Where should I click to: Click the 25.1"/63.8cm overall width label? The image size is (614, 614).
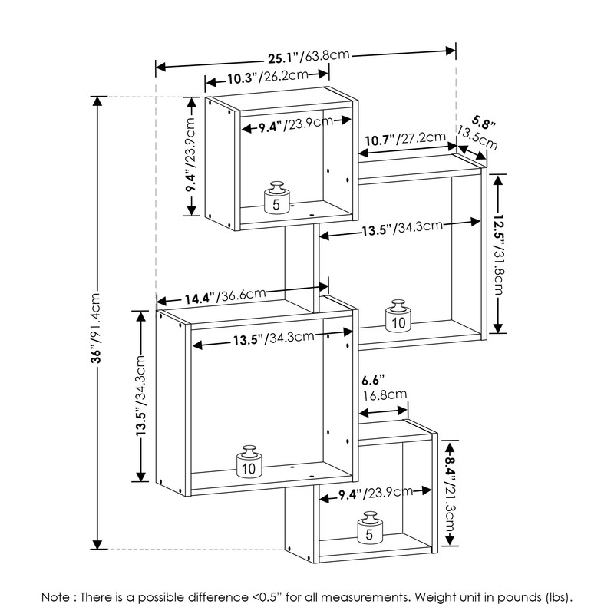(309, 57)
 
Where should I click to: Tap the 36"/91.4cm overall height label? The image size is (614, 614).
(97, 328)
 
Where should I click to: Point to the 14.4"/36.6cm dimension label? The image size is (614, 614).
(225, 296)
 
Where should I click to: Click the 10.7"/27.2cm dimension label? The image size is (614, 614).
(405, 139)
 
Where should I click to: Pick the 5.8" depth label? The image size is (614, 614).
(484, 123)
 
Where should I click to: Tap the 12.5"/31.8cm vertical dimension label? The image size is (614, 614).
(498, 255)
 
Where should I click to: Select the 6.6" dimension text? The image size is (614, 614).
(373, 380)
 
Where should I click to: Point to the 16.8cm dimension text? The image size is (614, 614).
(385, 394)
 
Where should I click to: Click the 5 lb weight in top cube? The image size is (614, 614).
(277, 198)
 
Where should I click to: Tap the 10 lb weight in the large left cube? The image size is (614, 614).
(249, 462)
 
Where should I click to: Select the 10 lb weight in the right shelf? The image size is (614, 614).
(398, 316)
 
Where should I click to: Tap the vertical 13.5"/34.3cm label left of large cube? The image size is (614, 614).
(140, 395)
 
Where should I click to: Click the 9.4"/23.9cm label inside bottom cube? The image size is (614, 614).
(375, 493)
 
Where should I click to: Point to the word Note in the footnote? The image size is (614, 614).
(55, 597)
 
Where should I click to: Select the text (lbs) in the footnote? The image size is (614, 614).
(559, 597)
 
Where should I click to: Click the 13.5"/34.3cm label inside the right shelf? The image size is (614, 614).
(402, 228)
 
